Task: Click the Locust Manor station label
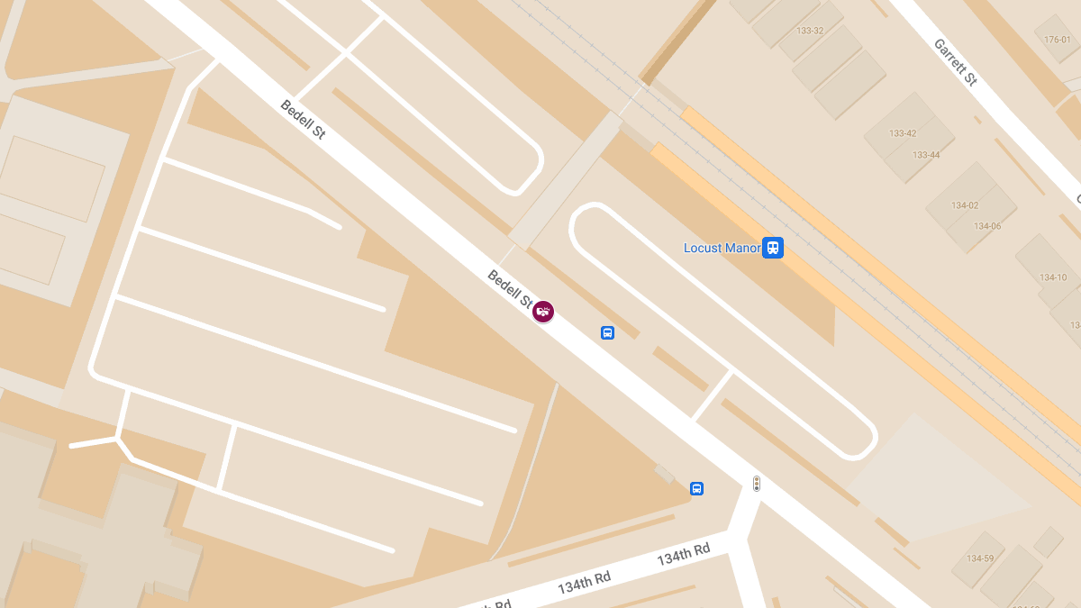click(x=722, y=248)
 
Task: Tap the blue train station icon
click(x=773, y=248)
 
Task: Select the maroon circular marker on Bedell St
click(x=543, y=312)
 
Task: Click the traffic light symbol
click(x=757, y=484)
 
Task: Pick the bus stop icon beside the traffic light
click(x=696, y=488)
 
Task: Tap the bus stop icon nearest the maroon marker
click(x=607, y=332)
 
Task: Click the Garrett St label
click(x=955, y=62)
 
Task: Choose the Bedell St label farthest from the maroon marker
click(x=303, y=119)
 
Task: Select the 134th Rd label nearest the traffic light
click(x=684, y=554)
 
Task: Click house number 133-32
click(x=810, y=31)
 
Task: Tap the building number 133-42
click(x=903, y=133)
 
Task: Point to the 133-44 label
click(x=926, y=155)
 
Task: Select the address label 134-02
click(x=965, y=205)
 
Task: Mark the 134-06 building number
click(x=987, y=226)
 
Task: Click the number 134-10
click(x=1053, y=277)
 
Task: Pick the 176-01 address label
click(x=1058, y=40)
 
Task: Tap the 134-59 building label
click(x=980, y=558)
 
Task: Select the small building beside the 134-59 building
click(x=1048, y=541)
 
